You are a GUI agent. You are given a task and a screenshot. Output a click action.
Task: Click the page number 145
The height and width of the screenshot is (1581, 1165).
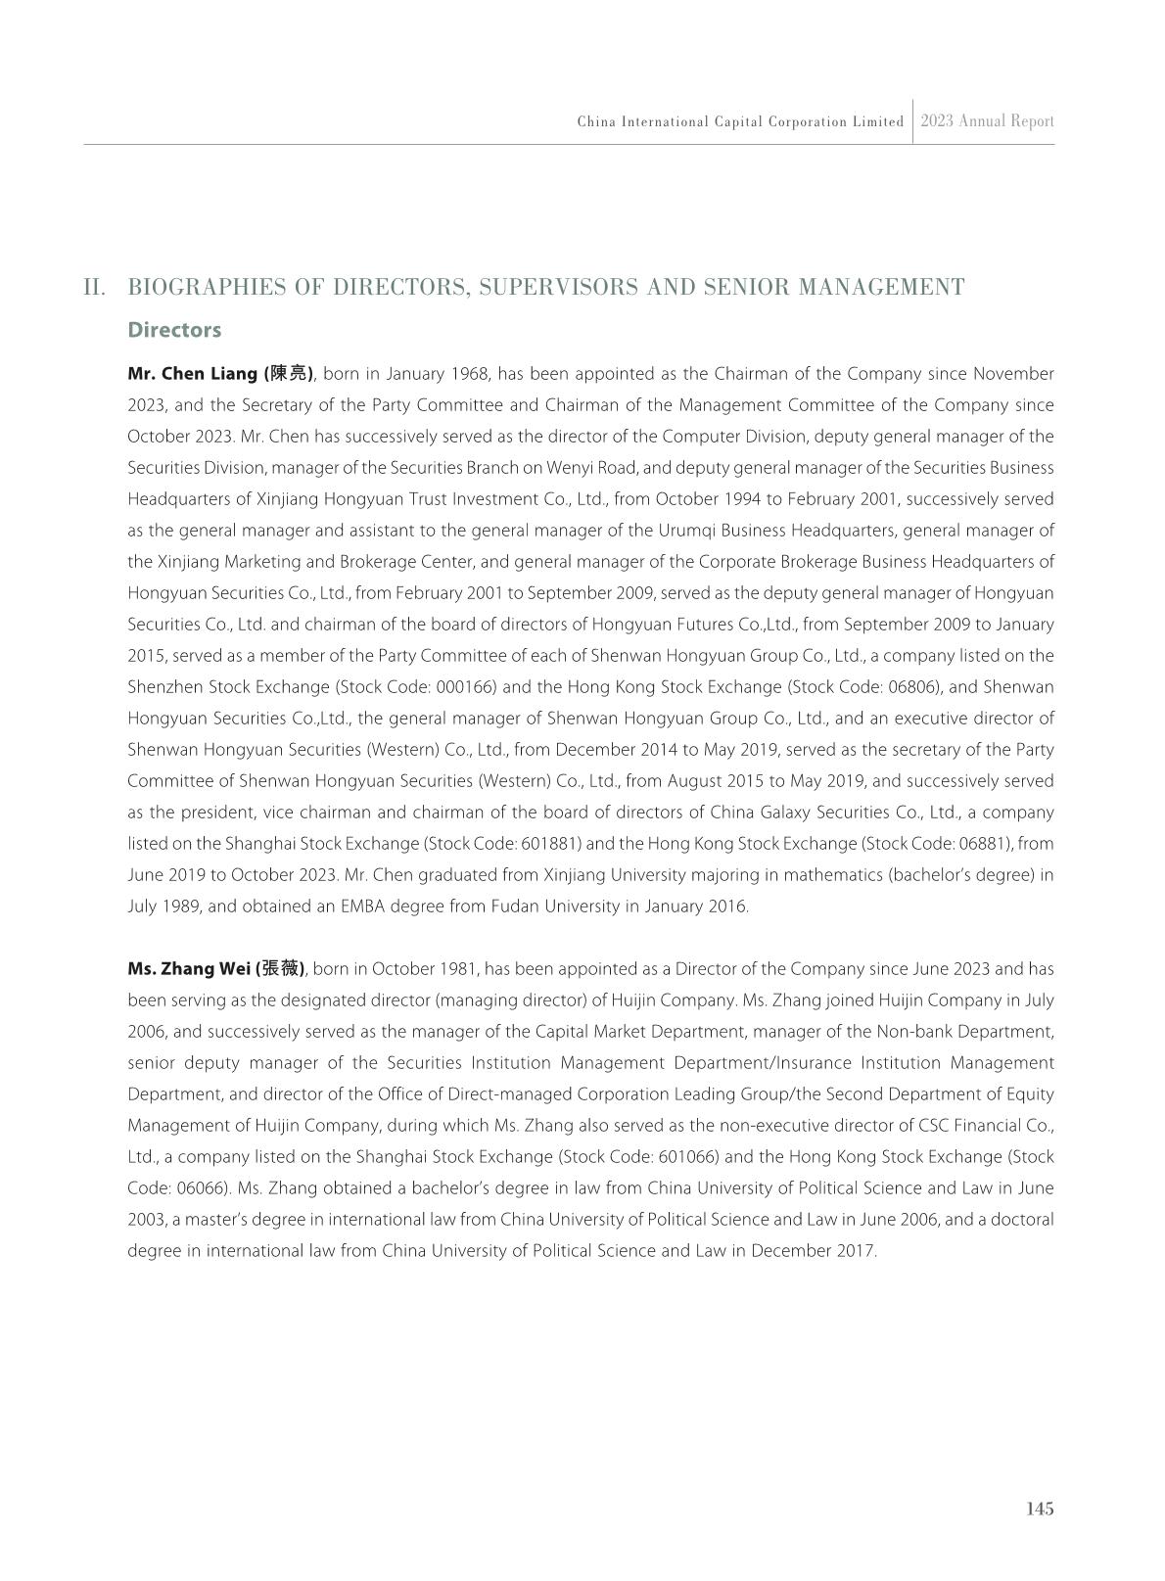pyautogui.click(x=1040, y=1509)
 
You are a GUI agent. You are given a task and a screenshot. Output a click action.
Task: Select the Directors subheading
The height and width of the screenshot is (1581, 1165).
pyautogui.click(x=174, y=330)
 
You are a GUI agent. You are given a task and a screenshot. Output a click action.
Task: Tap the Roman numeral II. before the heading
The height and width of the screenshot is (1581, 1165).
pyautogui.click(x=95, y=287)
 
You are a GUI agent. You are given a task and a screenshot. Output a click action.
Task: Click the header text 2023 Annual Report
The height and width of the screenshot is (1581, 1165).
pyautogui.click(x=987, y=121)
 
